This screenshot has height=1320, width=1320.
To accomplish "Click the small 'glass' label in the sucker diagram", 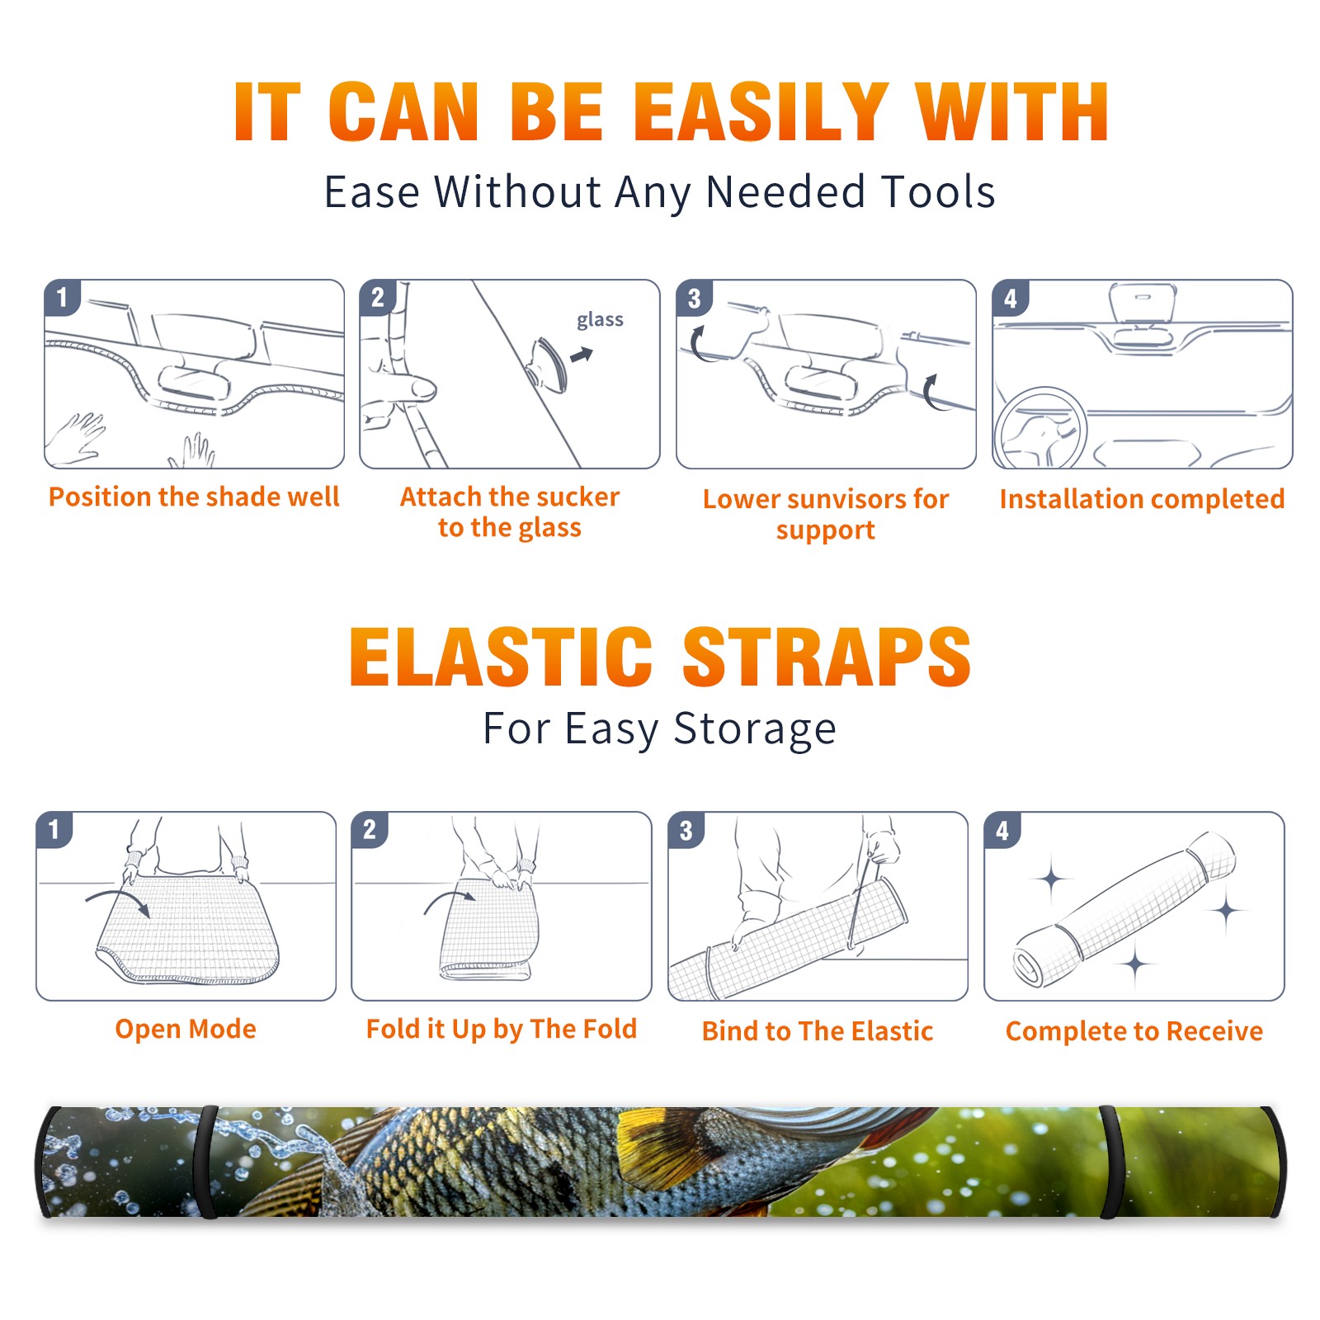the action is tap(600, 320).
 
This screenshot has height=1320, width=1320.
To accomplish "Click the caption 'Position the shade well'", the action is tap(194, 497).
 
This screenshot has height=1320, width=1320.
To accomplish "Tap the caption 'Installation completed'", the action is tap(1142, 498).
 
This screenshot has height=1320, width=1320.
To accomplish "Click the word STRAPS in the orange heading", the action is tap(827, 657).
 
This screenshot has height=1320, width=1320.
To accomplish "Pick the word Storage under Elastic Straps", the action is tap(755, 729).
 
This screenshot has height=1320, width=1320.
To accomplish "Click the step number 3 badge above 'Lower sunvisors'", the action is tap(694, 298).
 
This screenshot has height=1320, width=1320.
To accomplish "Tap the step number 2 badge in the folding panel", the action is tap(369, 829).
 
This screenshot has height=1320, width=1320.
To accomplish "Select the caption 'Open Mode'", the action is tap(186, 1029).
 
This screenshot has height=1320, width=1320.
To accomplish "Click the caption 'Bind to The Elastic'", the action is tap(818, 1031).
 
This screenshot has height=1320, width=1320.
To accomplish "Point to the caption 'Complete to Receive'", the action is tap(1134, 1031).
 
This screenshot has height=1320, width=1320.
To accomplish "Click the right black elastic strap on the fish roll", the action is tap(1110, 1162).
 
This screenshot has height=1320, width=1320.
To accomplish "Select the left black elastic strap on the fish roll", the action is tap(209, 1162).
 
